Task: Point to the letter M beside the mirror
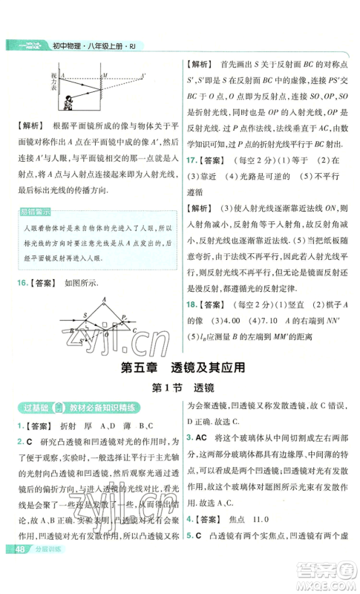pyautogui.click(x=105, y=74)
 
